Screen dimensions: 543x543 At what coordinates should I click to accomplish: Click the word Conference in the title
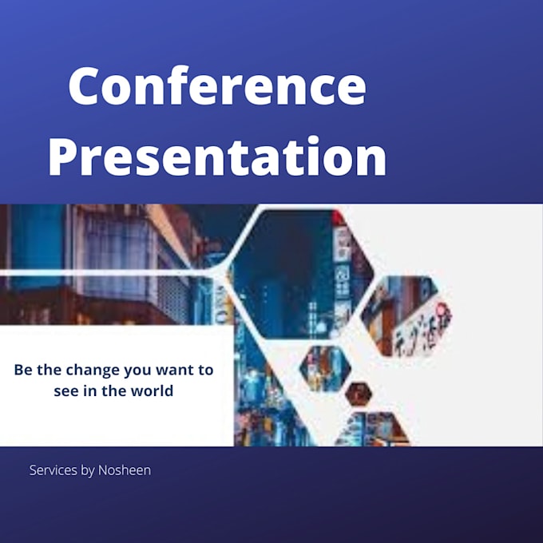pos(216,87)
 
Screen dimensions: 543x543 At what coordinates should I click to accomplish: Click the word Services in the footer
pos(53,470)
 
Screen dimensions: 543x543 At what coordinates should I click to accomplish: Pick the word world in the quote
pos(154,391)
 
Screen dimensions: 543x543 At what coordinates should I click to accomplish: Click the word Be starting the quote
pos(22,371)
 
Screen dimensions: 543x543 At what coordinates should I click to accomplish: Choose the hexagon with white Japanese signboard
pos(407,315)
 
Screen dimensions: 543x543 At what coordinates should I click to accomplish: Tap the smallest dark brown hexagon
pos(358,393)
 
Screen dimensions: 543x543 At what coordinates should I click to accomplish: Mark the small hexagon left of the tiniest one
pos(325,368)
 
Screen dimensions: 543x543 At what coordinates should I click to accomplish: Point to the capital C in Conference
pos(86,87)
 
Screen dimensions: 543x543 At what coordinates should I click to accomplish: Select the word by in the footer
pos(88,470)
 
